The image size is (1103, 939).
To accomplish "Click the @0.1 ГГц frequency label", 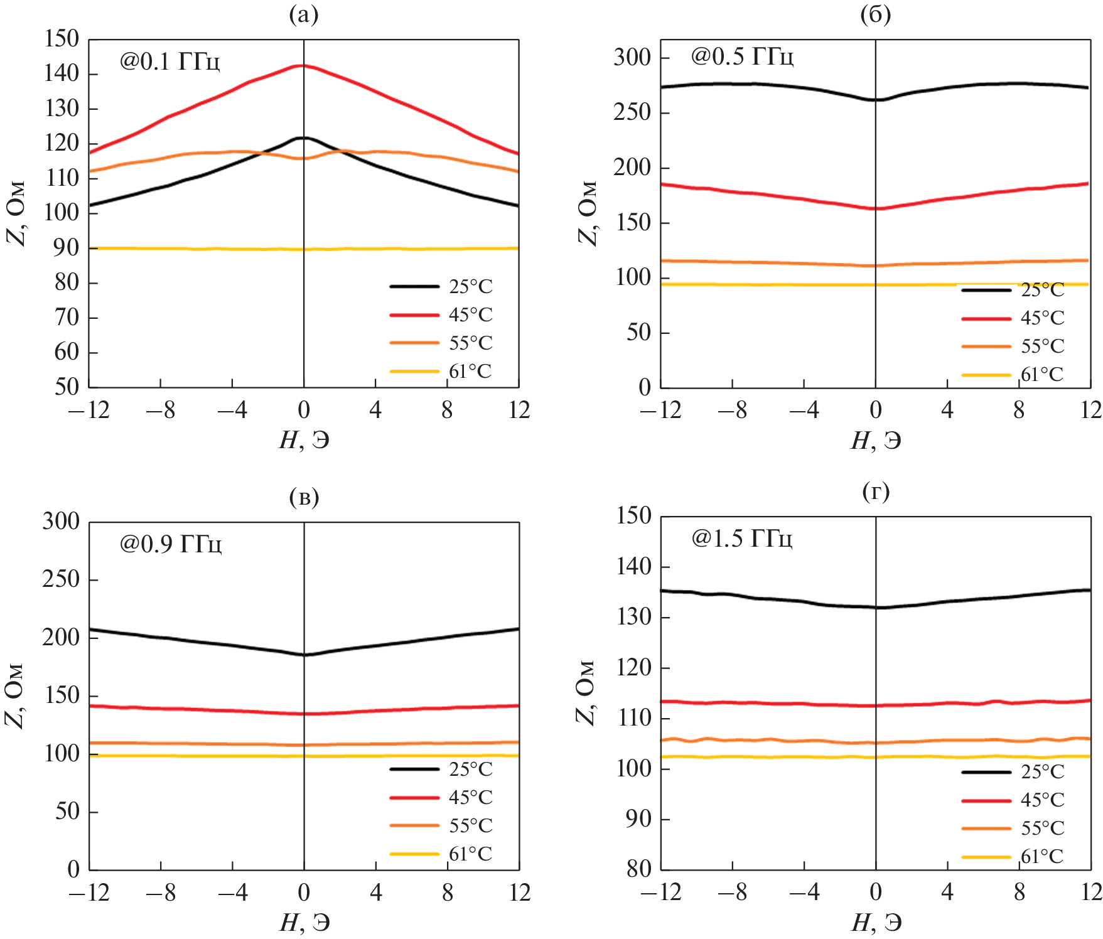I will [169, 62].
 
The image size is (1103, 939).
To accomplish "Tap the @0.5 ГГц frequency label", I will [742, 56].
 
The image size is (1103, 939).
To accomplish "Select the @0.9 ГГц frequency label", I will [170, 544].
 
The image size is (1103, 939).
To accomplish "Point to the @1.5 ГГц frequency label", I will [741, 539].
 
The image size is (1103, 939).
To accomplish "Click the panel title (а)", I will [304, 14].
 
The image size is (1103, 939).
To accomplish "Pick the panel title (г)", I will [876, 491].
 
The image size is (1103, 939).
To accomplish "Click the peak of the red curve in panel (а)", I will [303, 65].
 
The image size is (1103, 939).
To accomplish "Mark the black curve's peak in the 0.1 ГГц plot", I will [303, 137].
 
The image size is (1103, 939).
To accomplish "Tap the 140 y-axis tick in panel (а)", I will [62, 74].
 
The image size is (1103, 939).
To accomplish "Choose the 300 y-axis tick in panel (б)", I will [632, 57].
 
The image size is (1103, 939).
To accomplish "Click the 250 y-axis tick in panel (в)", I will [61, 579].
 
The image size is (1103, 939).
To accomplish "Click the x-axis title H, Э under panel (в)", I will [304, 923].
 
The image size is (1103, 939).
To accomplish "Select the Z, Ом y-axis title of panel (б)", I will [586, 213].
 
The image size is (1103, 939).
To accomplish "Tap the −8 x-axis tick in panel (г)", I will [732, 893].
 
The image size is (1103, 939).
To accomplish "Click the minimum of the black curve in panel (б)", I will [876, 100].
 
